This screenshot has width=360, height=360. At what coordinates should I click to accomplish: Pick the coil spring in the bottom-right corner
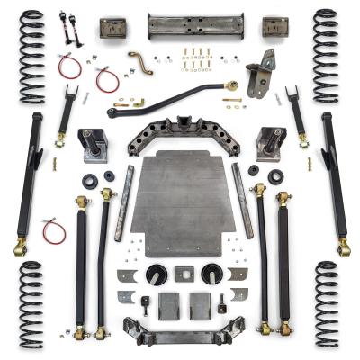pyautogui.click(x=326, y=304)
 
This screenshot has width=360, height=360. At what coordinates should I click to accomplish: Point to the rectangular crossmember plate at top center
pyautogui.click(x=183, y=25)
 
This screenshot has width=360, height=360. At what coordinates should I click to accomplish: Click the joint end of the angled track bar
pyautogui.click(x=231, y=86)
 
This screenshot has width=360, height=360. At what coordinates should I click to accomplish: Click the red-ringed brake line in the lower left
pyautogui.click(x=54, y=230)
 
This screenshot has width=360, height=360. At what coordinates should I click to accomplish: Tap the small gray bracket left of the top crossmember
pyautogui.click(x=113, y=27)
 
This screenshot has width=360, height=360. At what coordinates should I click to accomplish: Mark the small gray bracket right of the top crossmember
pyautogui.click(x=274, y=27)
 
